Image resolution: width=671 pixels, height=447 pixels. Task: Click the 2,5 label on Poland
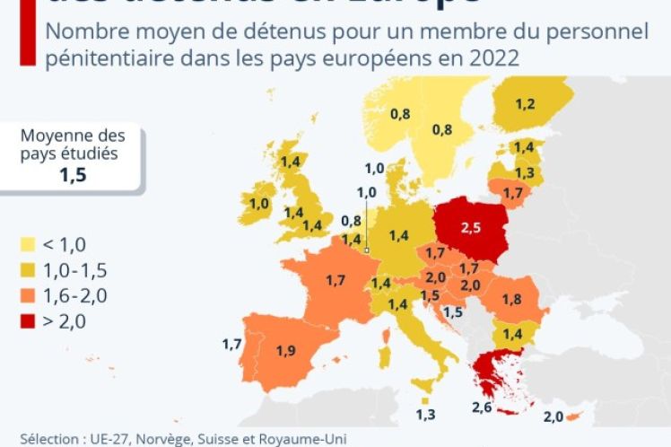tap(471, 228)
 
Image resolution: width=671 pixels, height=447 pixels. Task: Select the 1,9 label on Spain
tap(287, 351)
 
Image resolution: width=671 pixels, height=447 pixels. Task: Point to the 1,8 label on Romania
tap(512, 298)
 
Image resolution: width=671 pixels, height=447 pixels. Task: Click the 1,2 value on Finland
tap(525, 104)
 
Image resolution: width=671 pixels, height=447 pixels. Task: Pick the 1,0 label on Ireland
tap(259, 204)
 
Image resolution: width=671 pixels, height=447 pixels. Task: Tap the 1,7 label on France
tap(335, 281)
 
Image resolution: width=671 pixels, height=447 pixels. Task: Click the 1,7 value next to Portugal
tap(231, 343)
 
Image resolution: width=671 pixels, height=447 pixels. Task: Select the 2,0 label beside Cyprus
tap(553, 417)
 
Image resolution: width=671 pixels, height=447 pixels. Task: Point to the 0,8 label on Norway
tap(400, 113)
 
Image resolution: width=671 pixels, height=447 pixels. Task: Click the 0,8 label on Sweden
tap(442, 129)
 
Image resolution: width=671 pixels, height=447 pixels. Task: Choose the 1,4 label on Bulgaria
tap(512, 334)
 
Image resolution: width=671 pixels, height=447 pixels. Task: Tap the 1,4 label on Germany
tap(400, 234)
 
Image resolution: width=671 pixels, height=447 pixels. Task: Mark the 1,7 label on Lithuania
tap(513, 192)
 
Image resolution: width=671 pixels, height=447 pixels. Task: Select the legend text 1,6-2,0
tap(77, 295)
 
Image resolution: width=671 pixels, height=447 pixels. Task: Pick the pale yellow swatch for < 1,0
tap(28, 243)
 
